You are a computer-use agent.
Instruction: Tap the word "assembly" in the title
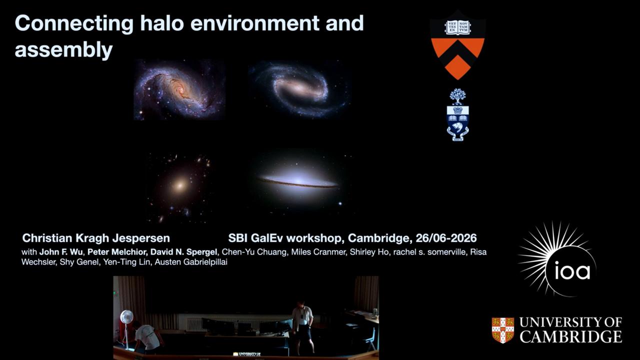click(63, 50)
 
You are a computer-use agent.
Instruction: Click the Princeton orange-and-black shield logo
click(457, 45)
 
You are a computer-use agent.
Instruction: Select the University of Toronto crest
click(457, 114)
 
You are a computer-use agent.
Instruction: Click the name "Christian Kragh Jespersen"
click(96, 238)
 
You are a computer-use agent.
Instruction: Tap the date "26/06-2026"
click(446, 238)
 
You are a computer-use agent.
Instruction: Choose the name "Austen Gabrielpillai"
click(191, 262)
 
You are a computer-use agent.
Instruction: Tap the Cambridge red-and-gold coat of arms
click(503, 330)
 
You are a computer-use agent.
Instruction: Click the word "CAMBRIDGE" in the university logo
click(570, 336)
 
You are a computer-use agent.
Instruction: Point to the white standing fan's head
click(127, 317)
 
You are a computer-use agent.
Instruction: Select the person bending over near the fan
click(146, 337)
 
